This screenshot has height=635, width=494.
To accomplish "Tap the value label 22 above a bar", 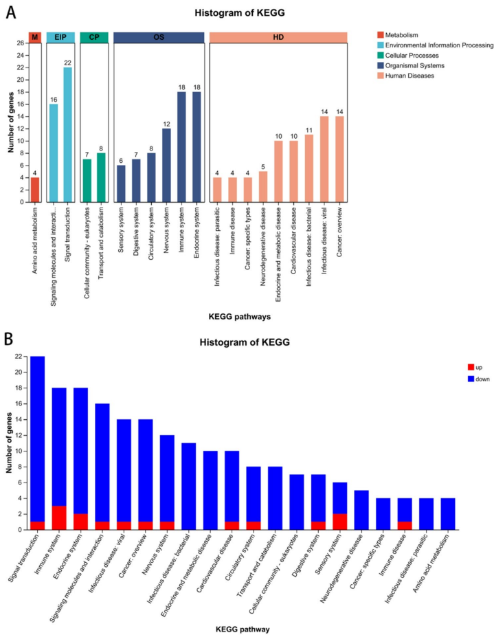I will pyautogui.click(x=68, y=63).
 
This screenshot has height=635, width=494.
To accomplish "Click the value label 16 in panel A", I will pyautogui.click(x=53, y=99).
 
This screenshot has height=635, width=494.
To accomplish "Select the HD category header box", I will pyautogui.click(x=278, y=36).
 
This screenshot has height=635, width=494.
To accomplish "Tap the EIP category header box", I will pyautogui.click(x=60, y=36).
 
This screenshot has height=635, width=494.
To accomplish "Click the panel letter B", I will pyautogui.click(x=8, y=337).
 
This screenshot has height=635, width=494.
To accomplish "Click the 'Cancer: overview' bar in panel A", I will pyautogui.click(x=339, y=159).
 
